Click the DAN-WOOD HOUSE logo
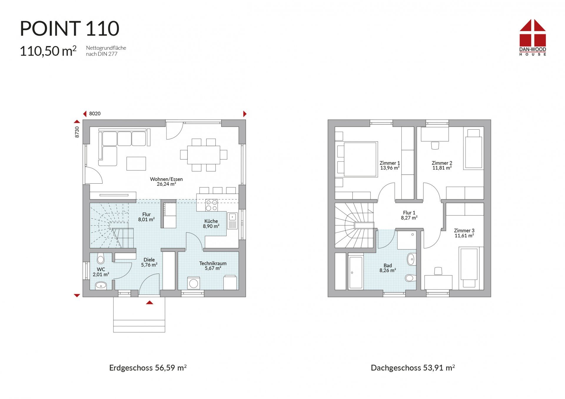[x=533, y=37]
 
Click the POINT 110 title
[x=69, y=28]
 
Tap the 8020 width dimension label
[x=95, y=114]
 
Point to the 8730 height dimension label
[x=77, y=132]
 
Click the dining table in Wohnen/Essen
[x=204, y=155]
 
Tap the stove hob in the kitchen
[x=212, y=205]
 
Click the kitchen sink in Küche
[x=232, y=221]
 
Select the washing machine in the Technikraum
[x=193, y=283]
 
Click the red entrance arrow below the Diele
[x=149, y=302]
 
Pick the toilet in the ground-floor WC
[x=100, y=259]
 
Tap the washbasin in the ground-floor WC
[x=101, y=285]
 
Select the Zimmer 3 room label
[x=464, y=233]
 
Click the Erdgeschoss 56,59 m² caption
[x=148, y=368]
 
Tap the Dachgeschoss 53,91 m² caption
[x=413, y=368]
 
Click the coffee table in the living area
[x=136, y=164]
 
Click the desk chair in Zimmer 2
[x=435, y=145]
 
